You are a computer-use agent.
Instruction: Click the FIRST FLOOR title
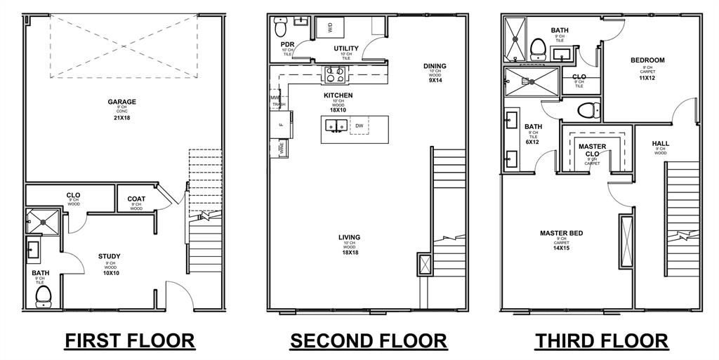[130, 341]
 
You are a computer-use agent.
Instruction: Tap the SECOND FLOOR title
[369, 341]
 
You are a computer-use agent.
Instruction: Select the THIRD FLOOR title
[602, 341]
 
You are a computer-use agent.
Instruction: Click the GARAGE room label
[122, 102]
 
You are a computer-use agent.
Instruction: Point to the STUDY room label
[110, 256]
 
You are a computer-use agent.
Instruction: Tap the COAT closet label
[136, 199]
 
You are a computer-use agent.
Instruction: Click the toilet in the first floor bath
[43, 295]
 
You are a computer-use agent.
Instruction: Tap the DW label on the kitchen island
[359, 126]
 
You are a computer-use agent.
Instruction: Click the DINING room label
[435, 67]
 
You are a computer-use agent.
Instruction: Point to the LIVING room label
[349, 237]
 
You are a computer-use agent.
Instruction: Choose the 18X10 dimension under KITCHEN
[338, 110]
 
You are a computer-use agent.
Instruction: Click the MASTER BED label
[562, 233]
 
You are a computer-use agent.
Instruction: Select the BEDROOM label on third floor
[647, 60]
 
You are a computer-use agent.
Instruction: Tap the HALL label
[661, 143]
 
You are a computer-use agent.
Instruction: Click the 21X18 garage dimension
[122, 118]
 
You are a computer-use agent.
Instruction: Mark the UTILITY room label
[346, 48]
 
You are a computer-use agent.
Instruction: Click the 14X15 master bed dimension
[562, 248]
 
